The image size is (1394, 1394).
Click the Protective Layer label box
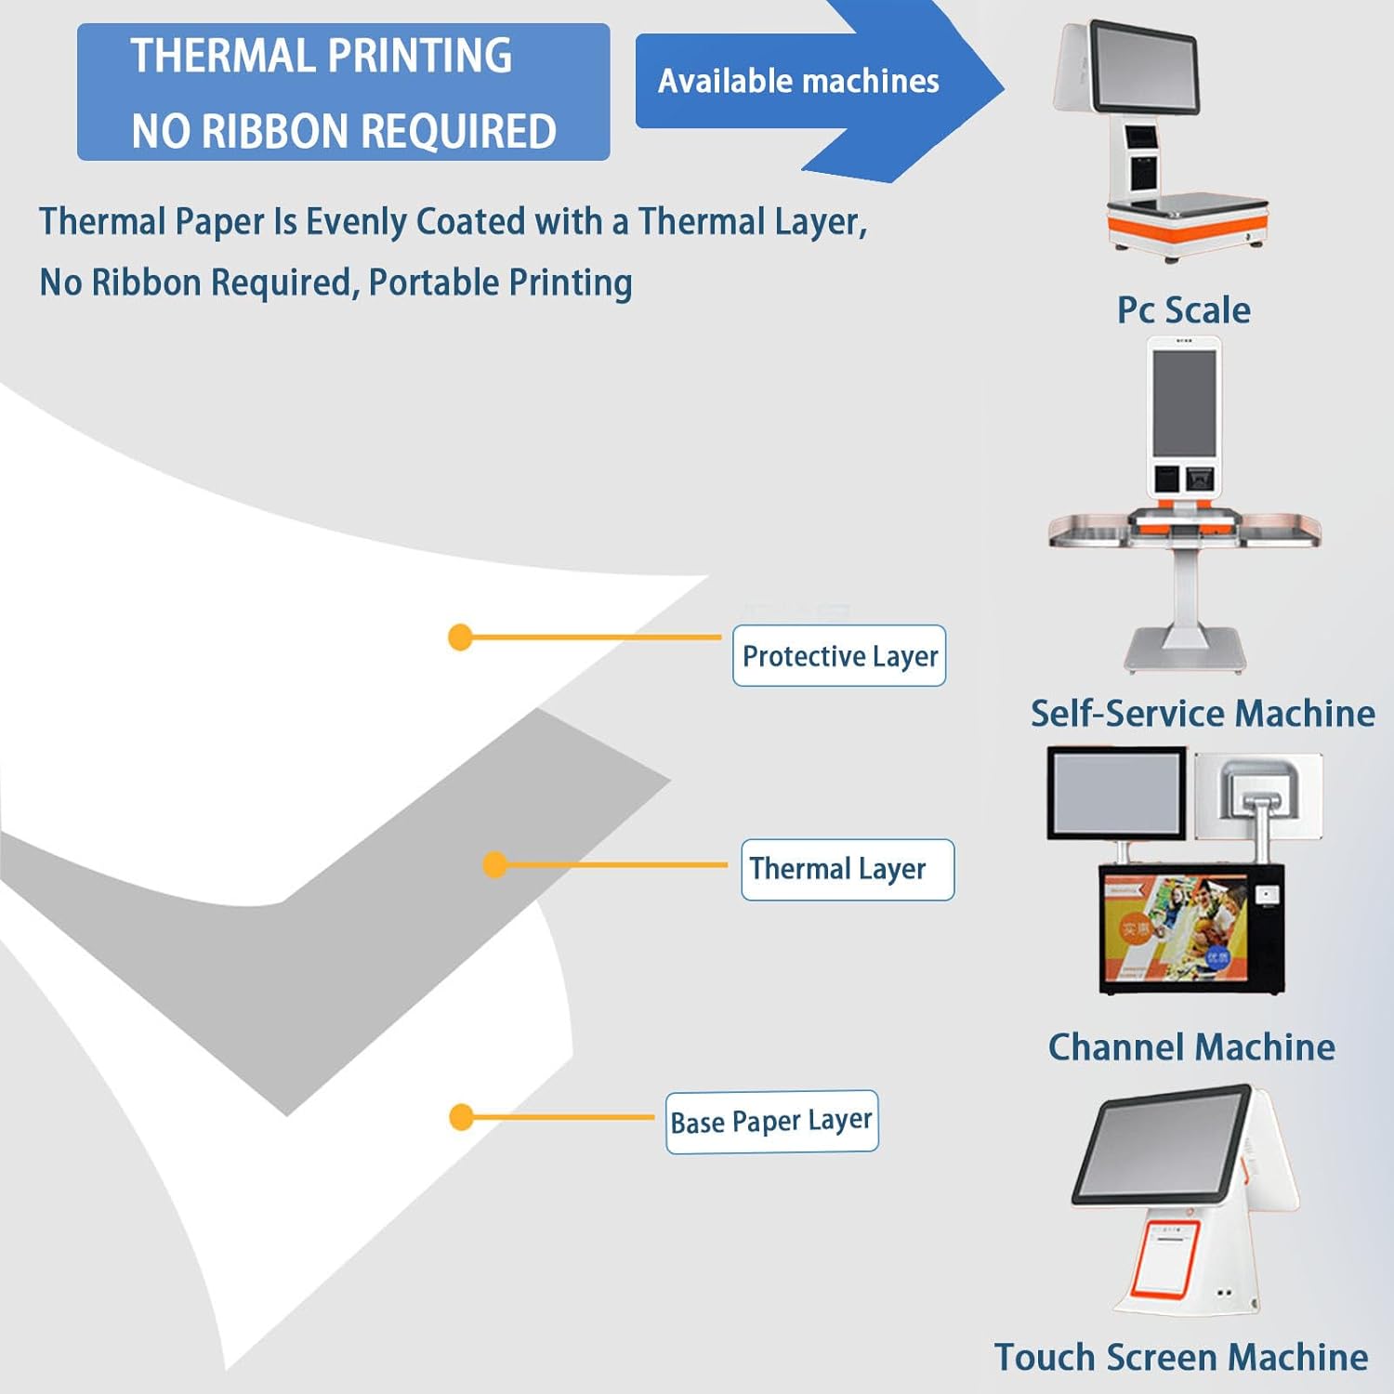[839, 656]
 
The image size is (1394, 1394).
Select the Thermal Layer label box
[847, 869]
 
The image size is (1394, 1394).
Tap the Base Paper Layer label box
[771, 1122]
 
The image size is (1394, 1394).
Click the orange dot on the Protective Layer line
[460, 638]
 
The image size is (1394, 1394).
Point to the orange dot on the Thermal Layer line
[495, 865]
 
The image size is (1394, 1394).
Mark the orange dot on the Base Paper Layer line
[461, 1117]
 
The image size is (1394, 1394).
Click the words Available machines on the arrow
[798, 82]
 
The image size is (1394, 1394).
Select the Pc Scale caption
[1183, 310]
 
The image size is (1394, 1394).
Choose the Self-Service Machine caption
[1203, 714]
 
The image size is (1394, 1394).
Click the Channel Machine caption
[1191, 1047]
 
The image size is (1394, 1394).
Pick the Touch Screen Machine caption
[1181, 1357]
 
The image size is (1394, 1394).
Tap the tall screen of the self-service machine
[1183, 403]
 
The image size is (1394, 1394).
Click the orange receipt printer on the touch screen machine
[1167, 1260]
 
